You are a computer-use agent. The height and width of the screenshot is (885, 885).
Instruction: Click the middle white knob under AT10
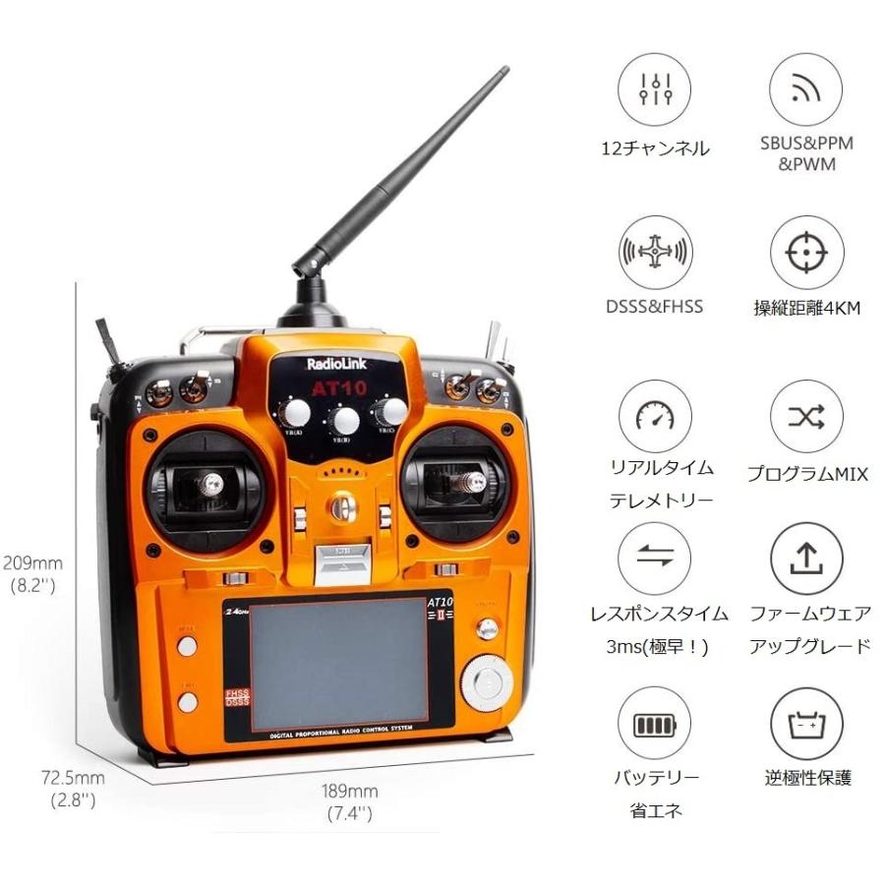344,420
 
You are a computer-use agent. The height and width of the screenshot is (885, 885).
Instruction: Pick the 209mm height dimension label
33,563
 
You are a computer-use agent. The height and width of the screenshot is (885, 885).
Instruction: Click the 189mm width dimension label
349,791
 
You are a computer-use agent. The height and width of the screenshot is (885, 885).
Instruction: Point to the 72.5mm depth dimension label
73,778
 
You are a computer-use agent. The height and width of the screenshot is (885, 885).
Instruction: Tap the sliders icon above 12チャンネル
654,88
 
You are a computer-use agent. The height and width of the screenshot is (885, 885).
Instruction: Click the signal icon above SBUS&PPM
806,88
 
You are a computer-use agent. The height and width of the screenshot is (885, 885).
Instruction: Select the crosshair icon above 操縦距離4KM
806,253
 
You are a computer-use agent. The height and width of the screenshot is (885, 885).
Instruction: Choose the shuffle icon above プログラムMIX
806,417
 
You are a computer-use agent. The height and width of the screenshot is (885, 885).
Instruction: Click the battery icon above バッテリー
654,725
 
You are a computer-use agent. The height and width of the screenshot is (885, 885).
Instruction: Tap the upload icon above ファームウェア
806,559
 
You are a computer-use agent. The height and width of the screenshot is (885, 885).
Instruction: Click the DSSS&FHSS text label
655,306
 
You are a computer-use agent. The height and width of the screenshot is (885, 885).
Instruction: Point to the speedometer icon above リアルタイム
654,417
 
